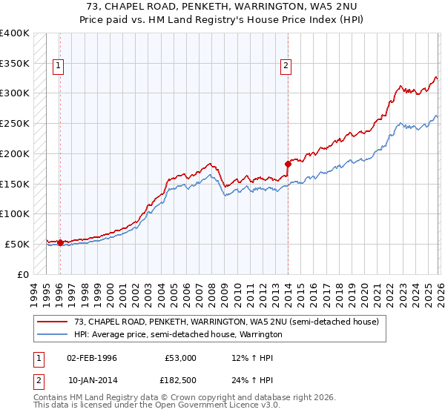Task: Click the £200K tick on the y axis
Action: click(x=15, y=153)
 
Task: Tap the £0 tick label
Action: click(x=24, y=274)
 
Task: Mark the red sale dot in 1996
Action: click(x=60, y=242)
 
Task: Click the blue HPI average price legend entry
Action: click(x=178, y=335)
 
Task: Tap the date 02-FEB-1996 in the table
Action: click(x=91, y=358)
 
